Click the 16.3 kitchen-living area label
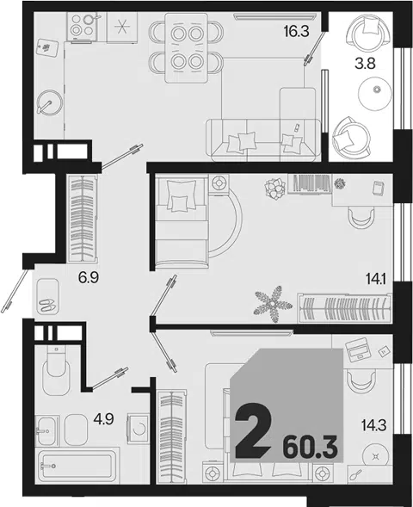[x=296, y=31]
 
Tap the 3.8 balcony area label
[x=365, y=64]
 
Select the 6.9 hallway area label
[x=89, y=277]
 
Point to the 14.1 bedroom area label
[x=377, y=278]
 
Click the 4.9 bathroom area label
[x=103, y=419]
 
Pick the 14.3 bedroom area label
[x=374, y=425]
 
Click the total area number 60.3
[x=311, y=448]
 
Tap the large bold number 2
[x=253, y=430]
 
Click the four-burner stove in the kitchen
[x=82, y=26]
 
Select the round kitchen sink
[x=49, y=102]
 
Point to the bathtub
[x=77, y=466]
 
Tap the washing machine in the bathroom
[x=139, y=429]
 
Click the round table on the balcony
[x=375, y=94]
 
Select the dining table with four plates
[x=186, y=48]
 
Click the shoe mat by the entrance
[x=47, y=297]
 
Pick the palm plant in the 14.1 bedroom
[x=274, y=304]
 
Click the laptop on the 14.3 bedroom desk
[x=358, y=349]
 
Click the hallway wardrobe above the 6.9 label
[x=82, y=219]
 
